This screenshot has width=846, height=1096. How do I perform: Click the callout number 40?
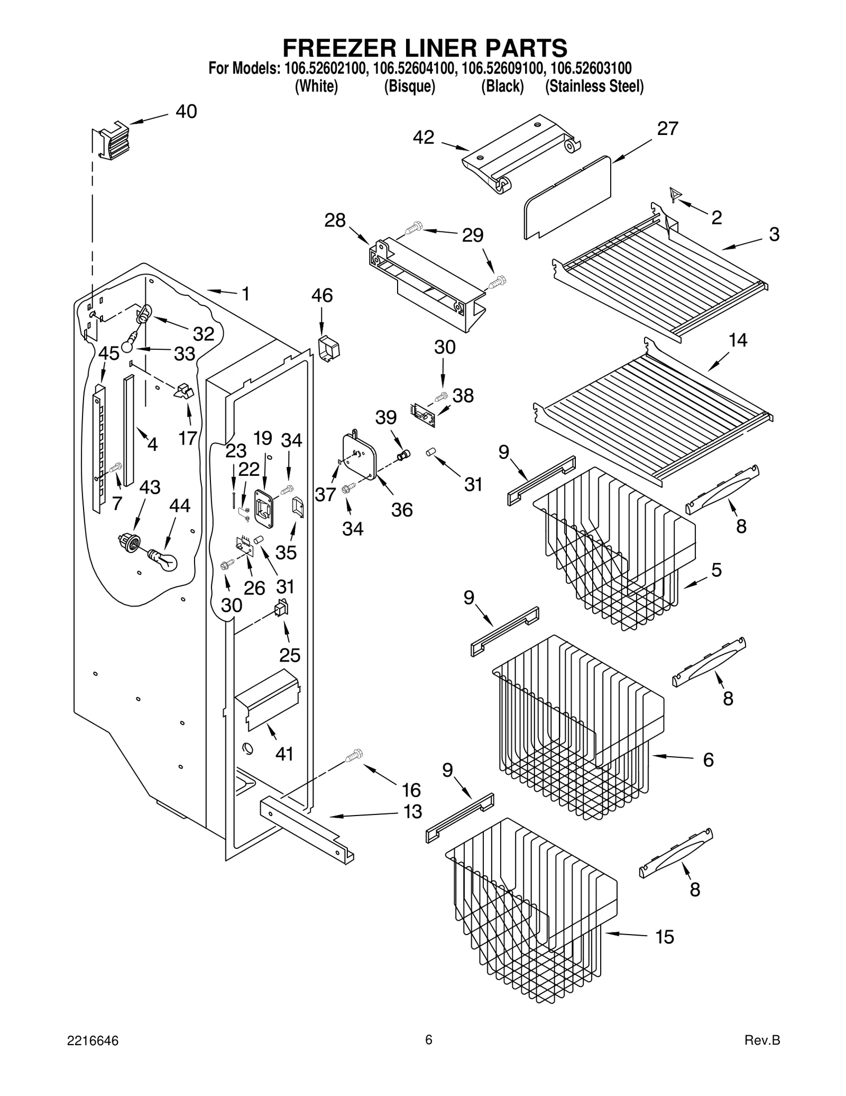tap(186, 112)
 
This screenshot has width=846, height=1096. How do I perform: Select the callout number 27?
tap(667, 129)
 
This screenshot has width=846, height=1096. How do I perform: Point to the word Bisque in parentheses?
tap(409, 86)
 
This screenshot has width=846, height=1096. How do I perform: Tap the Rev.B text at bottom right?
tap(762, 1040)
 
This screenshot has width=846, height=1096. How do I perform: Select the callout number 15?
tap(665, 937)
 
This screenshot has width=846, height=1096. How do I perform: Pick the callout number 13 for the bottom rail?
tap(412, 811)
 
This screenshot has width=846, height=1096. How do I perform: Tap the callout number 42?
tap(424, 138)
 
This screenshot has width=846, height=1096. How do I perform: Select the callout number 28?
tap(335, 220)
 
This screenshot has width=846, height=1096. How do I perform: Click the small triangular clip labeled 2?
tap(674, 194)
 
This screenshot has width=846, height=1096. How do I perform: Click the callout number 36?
tap(402, 510)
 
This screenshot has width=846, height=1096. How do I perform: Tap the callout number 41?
tap(284, 754)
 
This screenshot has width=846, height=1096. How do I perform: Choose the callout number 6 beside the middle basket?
tap(708, 760)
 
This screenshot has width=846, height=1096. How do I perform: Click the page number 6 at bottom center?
tap(429, 1039)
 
